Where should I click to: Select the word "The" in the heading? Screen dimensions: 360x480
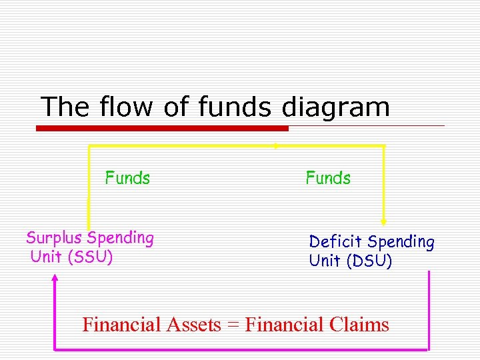[65, 107]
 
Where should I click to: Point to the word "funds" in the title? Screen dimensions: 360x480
[235, 107]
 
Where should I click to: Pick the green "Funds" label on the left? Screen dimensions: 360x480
[127, 178]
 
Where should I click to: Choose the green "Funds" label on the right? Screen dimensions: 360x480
[328, 178]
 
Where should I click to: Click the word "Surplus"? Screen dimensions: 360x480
[55, 238]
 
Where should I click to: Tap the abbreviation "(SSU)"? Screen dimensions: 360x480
[90, 256]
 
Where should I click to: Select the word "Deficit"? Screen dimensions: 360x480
[336, 242]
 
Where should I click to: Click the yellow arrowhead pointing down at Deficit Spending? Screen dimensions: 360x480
[383, 220]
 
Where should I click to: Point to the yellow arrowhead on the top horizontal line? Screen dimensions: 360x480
[275, 145]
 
